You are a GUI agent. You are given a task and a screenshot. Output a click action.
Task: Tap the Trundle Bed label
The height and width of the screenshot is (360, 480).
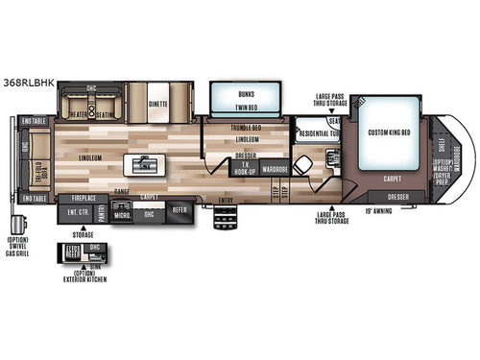coord(247,128)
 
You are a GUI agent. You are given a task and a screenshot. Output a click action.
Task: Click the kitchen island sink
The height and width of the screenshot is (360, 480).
coord(143,166)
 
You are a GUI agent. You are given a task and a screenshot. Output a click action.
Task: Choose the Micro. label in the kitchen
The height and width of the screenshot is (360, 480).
coord(122,215)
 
